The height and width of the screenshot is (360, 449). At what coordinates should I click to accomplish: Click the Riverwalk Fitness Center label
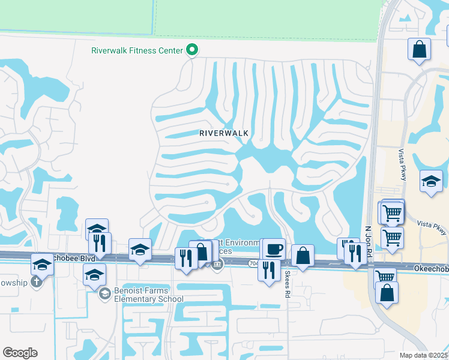click(137, 50)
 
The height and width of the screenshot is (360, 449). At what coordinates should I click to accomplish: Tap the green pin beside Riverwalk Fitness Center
click(191, 50)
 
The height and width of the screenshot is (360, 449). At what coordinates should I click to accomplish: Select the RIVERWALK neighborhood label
click(224, 133)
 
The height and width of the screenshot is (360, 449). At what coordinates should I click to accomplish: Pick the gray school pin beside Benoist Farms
click(105, 293)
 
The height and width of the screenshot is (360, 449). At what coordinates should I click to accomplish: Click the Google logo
click(20, 353)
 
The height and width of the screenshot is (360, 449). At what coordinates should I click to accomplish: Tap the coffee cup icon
click(274, 248)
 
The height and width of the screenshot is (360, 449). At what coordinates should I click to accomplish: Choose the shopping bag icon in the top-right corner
click(419, 49)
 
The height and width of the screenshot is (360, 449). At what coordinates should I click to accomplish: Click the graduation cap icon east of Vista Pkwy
click(430, 182)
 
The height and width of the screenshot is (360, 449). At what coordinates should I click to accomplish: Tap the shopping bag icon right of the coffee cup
click(303, 255)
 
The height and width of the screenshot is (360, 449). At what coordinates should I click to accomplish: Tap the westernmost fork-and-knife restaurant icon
click(100, 243)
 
